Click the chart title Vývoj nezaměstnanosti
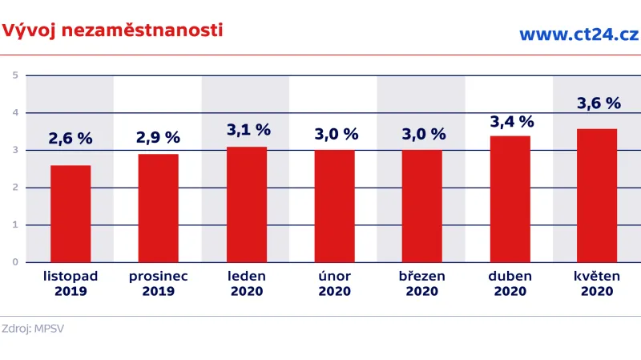[112, 30]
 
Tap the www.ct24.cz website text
[578, 34]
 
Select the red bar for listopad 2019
[71, 213]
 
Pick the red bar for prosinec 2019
[158, 208]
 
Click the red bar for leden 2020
[247, 204]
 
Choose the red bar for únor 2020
[334, 206]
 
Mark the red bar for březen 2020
[421, 206]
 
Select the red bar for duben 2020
[510, 199]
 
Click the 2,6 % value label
[71, 138]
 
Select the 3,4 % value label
[511, 121]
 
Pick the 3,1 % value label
[248, 129]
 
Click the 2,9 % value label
[158, 138]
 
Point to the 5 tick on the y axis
[15, 75]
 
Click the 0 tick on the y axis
[15, 262]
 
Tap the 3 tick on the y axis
[15, 150]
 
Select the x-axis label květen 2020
[598, 283]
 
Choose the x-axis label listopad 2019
[71, 283]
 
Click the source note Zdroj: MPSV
[33, 328]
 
